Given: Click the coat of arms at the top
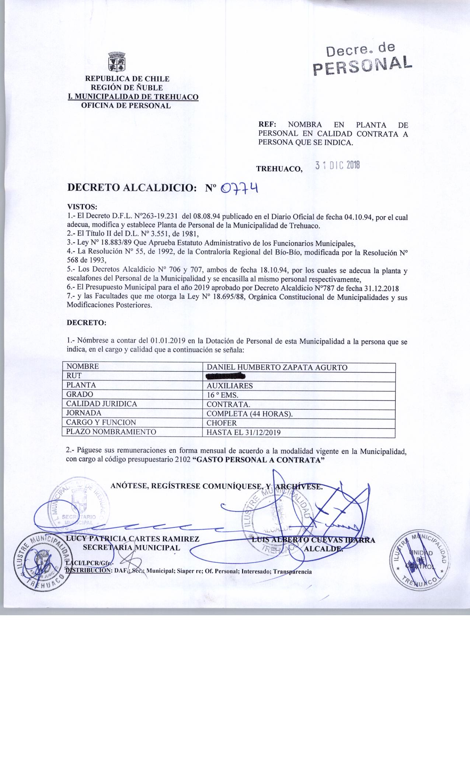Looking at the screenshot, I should (117, 62).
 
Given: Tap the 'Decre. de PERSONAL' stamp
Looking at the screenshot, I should (362, 60).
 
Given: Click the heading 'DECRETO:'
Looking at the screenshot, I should (86, 323).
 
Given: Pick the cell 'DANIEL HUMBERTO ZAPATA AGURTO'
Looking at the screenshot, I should (277, 367).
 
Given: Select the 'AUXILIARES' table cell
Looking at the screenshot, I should (230, 386).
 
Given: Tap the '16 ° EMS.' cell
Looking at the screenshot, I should (223, 395).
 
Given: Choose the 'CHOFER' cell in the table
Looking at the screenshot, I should (222, 423).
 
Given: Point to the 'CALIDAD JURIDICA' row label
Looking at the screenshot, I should (101, 404).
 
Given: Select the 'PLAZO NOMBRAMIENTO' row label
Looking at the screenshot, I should (111, 432).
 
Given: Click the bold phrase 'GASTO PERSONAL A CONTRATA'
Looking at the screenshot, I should (258, 460).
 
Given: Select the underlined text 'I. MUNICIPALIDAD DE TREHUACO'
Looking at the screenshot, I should (133, 97).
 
